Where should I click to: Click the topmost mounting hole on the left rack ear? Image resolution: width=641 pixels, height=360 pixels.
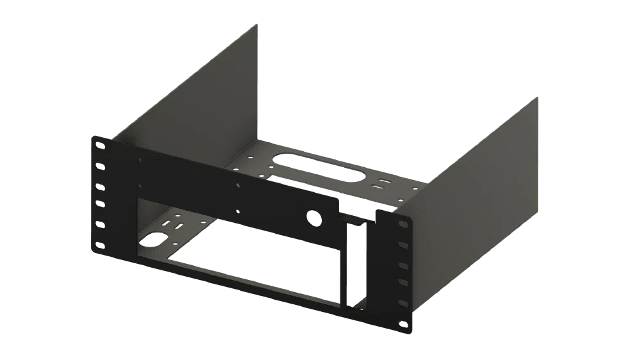(100, 146)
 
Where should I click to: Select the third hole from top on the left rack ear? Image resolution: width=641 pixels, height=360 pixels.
(100, 187)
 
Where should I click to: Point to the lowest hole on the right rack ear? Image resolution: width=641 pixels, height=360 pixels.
(403, 324)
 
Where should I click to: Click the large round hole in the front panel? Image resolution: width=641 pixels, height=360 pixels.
(313, 217)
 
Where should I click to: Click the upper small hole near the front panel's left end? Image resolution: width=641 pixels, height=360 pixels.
(140, 160)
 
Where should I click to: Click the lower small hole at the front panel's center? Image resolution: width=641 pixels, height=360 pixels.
(237, 211)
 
